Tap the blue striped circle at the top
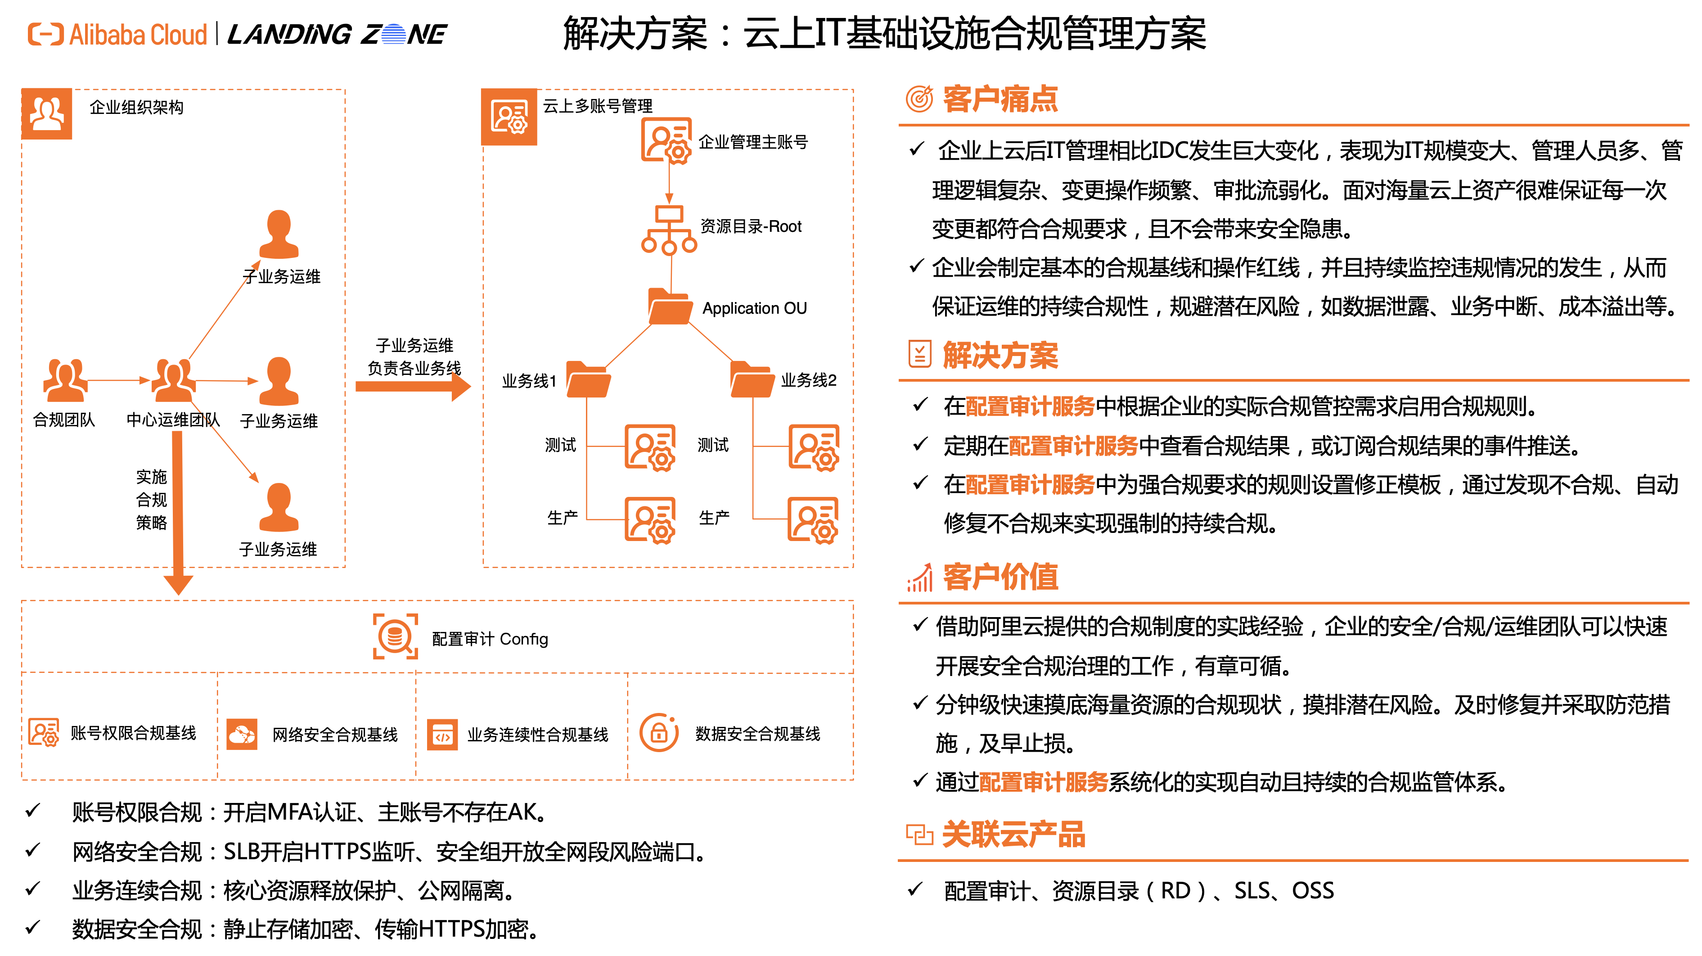coord(393,34)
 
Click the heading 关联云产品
coord(1013,834)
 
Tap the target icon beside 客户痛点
coord(919,99)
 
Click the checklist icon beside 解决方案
coord(919,354)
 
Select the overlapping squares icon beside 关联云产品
coord(919,834)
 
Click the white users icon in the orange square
coord(47,113)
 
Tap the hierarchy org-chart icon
coord(669,230)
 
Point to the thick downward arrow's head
coord(178,584)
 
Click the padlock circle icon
coord(659,732)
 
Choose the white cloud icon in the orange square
coord(242,734)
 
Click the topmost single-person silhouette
coord(279,234)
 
